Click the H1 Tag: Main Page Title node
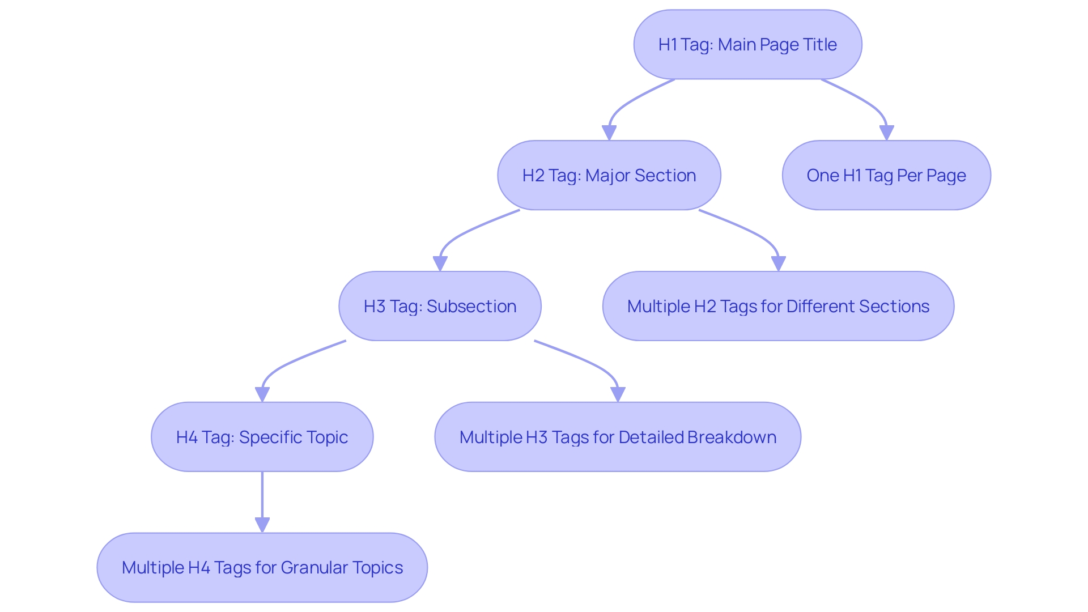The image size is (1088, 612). click(x=747, y=44)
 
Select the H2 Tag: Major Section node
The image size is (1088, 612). click(x=609, y=175)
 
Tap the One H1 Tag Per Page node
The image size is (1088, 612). click(x=886, y=175)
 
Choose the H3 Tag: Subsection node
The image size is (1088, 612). click(x=440, y=306)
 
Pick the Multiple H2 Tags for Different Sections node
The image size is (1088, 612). click(x=778, y=306)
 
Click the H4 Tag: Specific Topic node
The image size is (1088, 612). click(x=262, y=437)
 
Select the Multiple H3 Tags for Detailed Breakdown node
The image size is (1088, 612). click(x=617, y=437)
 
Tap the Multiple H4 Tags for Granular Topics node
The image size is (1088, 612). click(x=262, y=567)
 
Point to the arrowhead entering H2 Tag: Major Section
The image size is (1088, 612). click(x=609, y=133)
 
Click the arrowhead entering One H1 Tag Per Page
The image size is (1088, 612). click(x=886, y=133)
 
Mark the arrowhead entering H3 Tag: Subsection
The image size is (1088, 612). click(x=440, y=264)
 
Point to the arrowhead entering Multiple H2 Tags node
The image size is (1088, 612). click(x=779, y=264)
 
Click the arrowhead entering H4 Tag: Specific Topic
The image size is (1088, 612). click(x=262, y=395)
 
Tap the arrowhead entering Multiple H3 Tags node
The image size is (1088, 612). click(x=618, y=395)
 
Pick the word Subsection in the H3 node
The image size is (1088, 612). click(x=471, y=306)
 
